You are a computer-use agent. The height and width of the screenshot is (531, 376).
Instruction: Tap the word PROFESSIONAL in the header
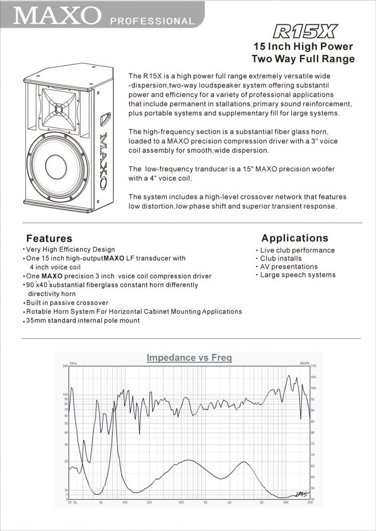[152, 21]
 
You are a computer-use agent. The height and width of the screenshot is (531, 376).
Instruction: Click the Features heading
[49, 239]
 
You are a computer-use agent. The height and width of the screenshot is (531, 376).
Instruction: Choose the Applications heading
[294, 238]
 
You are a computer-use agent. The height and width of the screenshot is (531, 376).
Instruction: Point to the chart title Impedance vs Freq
[189, 358]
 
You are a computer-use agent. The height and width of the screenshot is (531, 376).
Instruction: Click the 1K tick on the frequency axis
[205, 503]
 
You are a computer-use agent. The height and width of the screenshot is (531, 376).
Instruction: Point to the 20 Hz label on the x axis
[72, 503]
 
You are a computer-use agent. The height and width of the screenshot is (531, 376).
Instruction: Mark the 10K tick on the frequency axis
[285, 503]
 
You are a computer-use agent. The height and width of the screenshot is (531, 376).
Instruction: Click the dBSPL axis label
[304, 363]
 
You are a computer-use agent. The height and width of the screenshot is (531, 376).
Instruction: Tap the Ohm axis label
[73, 363]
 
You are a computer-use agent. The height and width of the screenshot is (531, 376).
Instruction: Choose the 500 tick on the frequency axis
[181, 503]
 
